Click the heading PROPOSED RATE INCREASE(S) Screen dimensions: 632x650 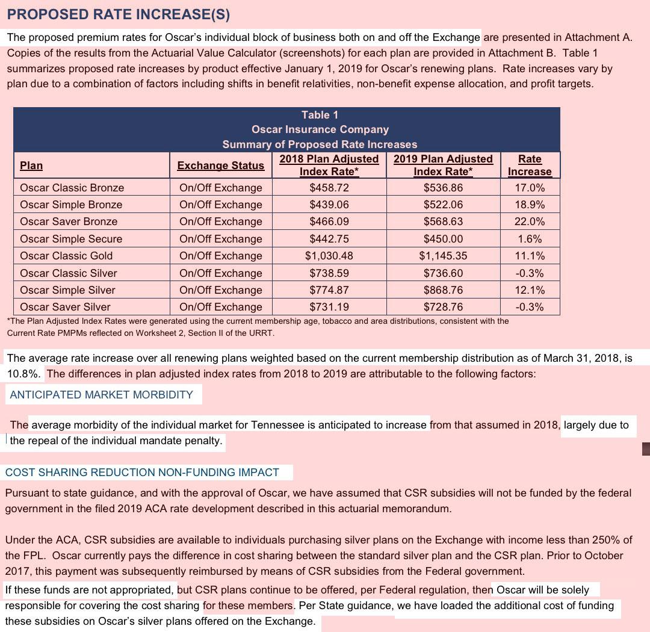[x=119, y=13]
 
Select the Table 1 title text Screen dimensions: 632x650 [x=320, y=115]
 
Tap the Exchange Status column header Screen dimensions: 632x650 [x=220, y=166]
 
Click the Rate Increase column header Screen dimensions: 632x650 [x=530, y=165]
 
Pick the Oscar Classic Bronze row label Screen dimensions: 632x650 [x=72, y=188]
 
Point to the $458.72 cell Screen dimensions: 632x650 [x=329, y=188]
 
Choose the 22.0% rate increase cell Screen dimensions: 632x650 [x=530, y=222]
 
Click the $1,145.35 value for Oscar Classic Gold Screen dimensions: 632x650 [x=443, y=256]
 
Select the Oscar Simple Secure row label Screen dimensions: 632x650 [x=71, y=239]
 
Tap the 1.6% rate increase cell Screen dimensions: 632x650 [x=530, y=239]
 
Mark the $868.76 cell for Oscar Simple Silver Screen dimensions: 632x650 [x=443, y=290]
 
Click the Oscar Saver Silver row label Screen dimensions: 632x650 [x=65, y=307]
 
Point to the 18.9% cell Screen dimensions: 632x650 [x=530, y=205]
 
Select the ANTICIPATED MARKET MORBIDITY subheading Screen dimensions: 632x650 [x=102, y=395]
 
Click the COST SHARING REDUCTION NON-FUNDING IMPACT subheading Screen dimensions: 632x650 [x=142, y=472]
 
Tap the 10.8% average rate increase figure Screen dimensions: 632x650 [x=23, y=374]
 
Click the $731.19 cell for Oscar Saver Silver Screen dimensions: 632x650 [x=329, y=307]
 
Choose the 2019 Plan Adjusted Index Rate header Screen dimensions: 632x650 [x=443, y=165]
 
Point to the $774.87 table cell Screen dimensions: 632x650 [x=329, y=290]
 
